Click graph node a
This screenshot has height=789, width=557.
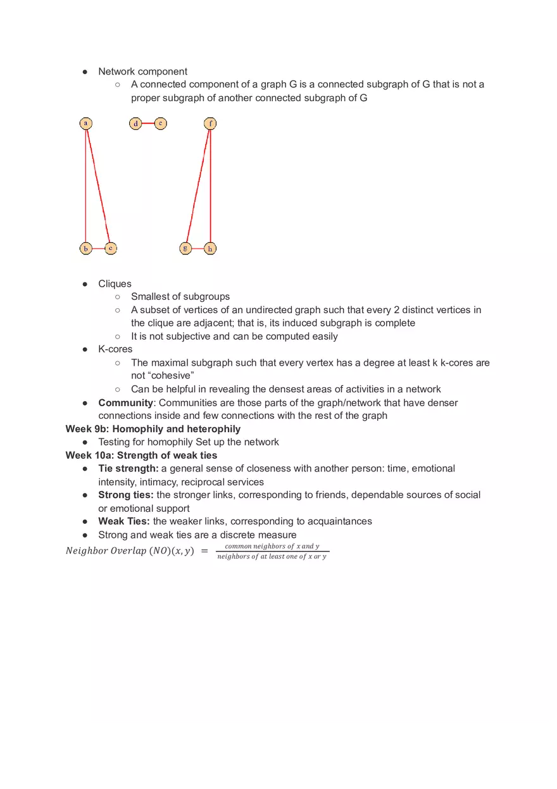(86, 123)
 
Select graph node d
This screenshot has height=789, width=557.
(135, 123)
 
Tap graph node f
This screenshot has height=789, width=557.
(210, 123)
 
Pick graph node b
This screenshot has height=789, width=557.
(86, 249)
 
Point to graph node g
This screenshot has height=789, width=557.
(185, 249)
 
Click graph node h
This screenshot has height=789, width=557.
(210, 249)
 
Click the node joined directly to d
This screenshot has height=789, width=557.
(161, 123)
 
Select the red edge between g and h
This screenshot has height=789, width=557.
(198, 249)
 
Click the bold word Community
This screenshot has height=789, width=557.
(125, 402)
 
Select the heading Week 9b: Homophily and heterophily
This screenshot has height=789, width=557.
(153, 429)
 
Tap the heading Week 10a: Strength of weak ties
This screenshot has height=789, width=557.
(141, 455)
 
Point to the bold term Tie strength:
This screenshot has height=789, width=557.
(128, 468)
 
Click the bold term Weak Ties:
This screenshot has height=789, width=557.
(123, 521)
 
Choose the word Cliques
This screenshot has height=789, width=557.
(115, 283)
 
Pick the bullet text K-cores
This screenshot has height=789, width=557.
(115, 349)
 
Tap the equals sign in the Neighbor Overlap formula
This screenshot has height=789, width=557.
(204, 551)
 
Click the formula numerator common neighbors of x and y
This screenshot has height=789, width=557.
(272, 546)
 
